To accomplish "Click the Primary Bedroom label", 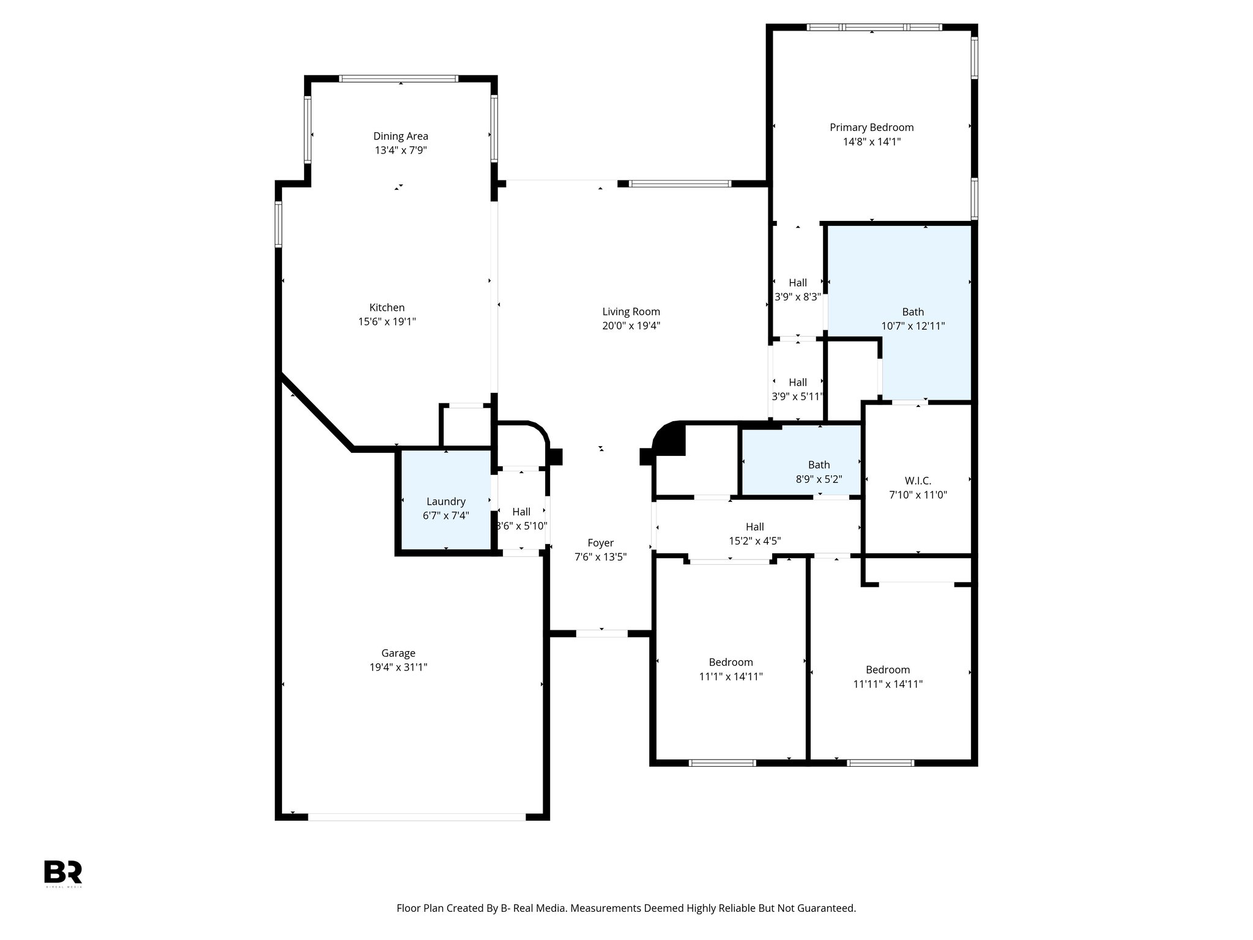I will coord(871,127).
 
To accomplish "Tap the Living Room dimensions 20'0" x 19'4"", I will coord(631,326).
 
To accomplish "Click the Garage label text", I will coord(398,653).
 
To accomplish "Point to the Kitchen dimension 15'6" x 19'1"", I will coord(387,321).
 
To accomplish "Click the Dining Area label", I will coord(401,136).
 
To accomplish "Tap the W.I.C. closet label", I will coord(918,480).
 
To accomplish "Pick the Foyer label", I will coord(600,543).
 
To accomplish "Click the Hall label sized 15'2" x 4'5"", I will coord(754,527).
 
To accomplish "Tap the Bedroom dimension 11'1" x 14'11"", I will coord(731,676).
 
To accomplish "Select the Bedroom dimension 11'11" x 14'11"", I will coord(888,684).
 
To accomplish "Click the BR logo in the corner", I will coord(62,872).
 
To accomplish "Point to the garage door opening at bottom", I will coord(416,816).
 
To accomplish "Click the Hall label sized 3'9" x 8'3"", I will coord(797,283).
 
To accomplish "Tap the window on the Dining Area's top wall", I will coord(398,78).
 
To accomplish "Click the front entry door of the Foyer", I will coord(601,633).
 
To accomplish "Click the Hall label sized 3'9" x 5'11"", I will coord(797,382).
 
